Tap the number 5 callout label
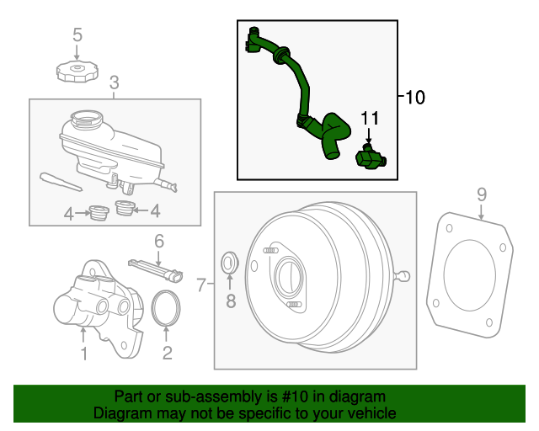77,35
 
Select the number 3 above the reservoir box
115,82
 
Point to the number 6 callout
157,242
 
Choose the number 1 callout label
83,353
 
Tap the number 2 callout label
167,353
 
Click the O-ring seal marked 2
167,306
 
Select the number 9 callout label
482,194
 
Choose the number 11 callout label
371,118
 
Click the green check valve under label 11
369,157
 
